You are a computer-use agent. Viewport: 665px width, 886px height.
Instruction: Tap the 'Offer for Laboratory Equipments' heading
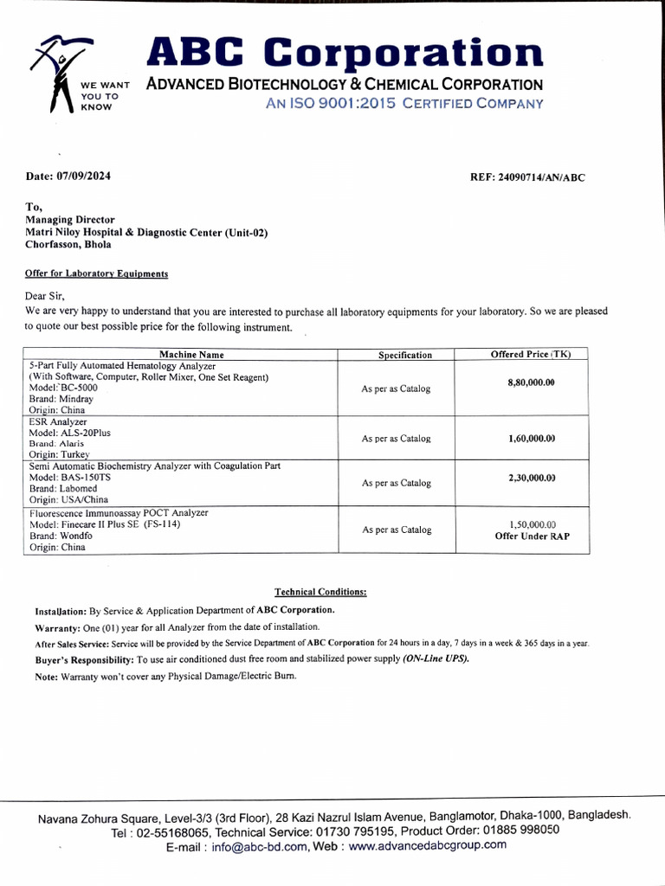(x=96, y=273)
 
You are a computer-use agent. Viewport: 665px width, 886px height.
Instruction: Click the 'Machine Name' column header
(x=191, y=355)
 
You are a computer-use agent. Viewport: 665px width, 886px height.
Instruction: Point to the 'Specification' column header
(x=404, y=356)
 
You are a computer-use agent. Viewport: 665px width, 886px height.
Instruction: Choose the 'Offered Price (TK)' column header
(x=531, y=355)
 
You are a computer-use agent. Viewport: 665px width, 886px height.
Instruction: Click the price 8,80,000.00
(x=531, y=382)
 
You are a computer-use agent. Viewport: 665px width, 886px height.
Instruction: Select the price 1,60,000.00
(x=531, y=439)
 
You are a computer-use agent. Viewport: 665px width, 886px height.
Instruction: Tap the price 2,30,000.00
(x=531, y=478)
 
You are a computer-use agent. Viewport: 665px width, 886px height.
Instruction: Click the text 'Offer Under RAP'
(x=532, y=536)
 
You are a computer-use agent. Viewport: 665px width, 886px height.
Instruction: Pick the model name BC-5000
(x=77, y=388)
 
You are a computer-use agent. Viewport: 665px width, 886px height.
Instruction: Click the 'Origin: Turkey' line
(x=59, y=454)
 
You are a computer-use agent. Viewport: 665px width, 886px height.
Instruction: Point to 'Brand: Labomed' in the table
(x=63, y=489)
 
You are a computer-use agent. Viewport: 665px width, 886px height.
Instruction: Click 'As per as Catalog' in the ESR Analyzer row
(x=396, y=439)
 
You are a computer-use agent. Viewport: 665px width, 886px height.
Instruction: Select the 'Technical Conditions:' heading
(x=320, y=592)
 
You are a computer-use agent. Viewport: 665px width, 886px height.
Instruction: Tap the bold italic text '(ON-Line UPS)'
(x=436, y=659)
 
